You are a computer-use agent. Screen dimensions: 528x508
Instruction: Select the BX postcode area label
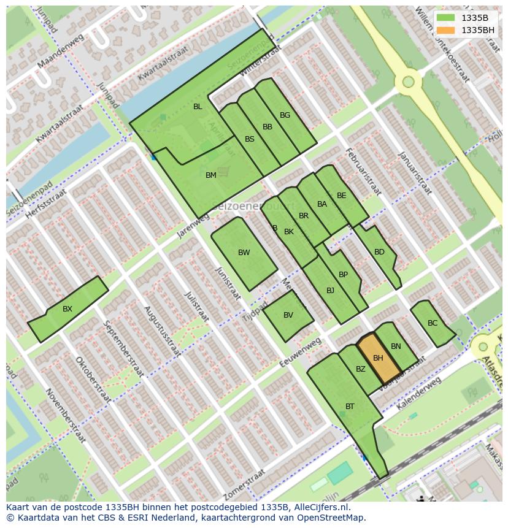[x=67, y=309]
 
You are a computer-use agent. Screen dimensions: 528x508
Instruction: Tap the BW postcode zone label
[x=244, y=253]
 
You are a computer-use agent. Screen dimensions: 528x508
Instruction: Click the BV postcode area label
[x=288, y=315]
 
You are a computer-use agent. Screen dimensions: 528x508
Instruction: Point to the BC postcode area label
[x=433, y=323]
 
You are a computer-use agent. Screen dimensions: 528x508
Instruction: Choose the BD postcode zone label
[x=379, y=252]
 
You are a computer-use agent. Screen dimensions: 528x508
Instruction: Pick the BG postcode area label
[x=285, y=115]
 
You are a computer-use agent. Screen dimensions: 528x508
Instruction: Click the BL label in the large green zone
[x=198, y=107]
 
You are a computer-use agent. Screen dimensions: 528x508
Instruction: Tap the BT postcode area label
[x=350, y=407]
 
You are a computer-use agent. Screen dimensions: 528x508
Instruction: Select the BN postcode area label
[x=396, y=346]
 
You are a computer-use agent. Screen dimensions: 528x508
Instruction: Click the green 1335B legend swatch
[x=446, y=18]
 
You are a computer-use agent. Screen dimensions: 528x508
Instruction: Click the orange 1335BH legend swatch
[x=446, y=30]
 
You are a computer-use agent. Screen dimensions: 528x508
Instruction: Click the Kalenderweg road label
[x=418, y=394]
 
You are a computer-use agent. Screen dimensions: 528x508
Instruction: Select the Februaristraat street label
[x=363, y=171]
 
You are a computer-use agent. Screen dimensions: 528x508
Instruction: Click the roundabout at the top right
[x=408, y=82]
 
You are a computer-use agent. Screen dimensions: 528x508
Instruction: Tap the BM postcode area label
[x=211, y=175]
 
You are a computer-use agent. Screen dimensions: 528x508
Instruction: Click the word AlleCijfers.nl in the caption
[x=321, y=507]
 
